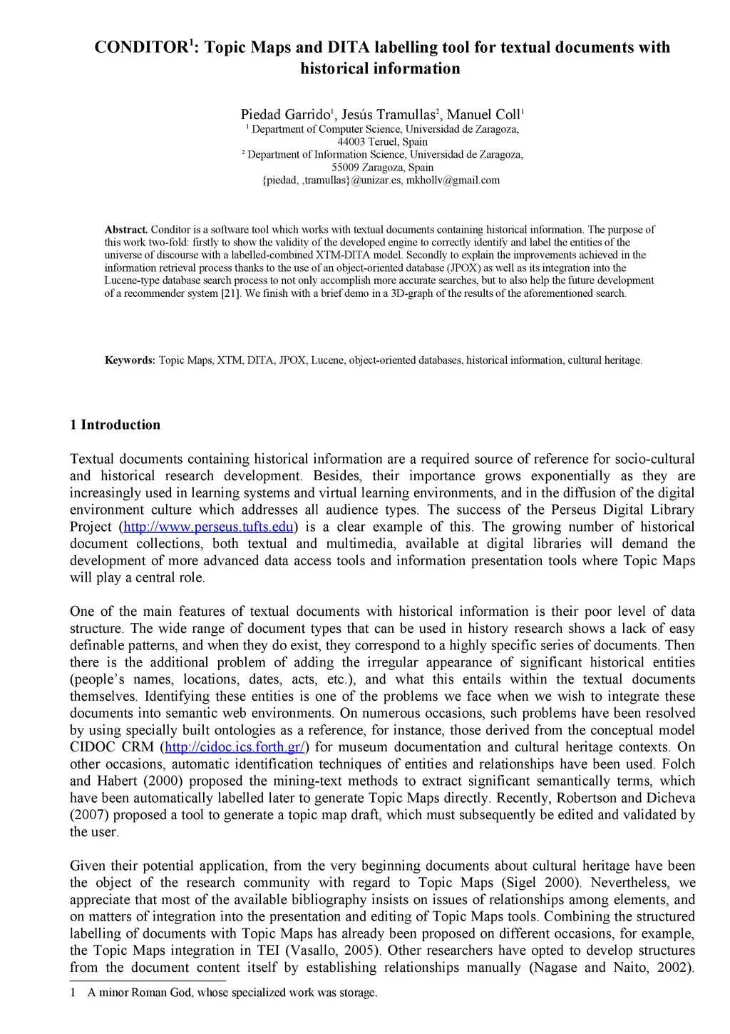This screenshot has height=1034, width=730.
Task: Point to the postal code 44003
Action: coord(351,142)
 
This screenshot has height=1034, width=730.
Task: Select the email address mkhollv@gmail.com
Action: coord(453,181)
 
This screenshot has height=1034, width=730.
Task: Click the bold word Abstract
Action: coord(126,230)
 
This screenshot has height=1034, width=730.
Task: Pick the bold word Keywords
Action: coord(130,360)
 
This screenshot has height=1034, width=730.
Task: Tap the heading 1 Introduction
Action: coord(115,425)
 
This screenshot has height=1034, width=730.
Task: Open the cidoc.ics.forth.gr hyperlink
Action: coord(236,748)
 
